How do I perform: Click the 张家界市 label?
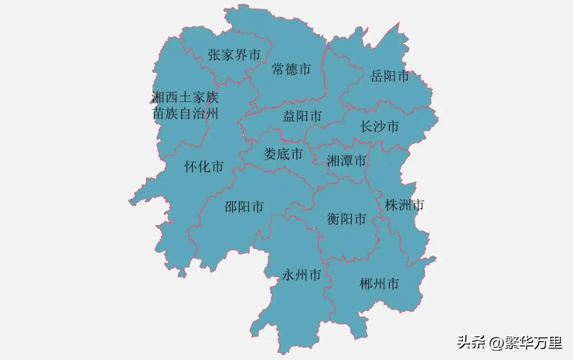coord(234,55)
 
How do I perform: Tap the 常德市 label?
coord(291,69)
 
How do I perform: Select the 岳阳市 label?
coord(390,76)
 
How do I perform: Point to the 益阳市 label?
coord(302,116)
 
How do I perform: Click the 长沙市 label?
coord(379,126)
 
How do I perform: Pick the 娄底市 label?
coord(283,154)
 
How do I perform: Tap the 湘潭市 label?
coord(346,161)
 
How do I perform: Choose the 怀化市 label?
coord(204,166)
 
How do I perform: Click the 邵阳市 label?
coord(244,207)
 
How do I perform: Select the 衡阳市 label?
coord(347,219)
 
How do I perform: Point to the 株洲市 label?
coord(404,205)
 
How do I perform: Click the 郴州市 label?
coord(379,284)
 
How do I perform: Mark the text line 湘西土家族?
coord(185,97)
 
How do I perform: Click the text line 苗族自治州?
coord(185,114)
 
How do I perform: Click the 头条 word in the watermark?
coord(471,343)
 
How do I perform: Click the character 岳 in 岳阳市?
coord(377,76)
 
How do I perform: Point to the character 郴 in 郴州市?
coord(366,284)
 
